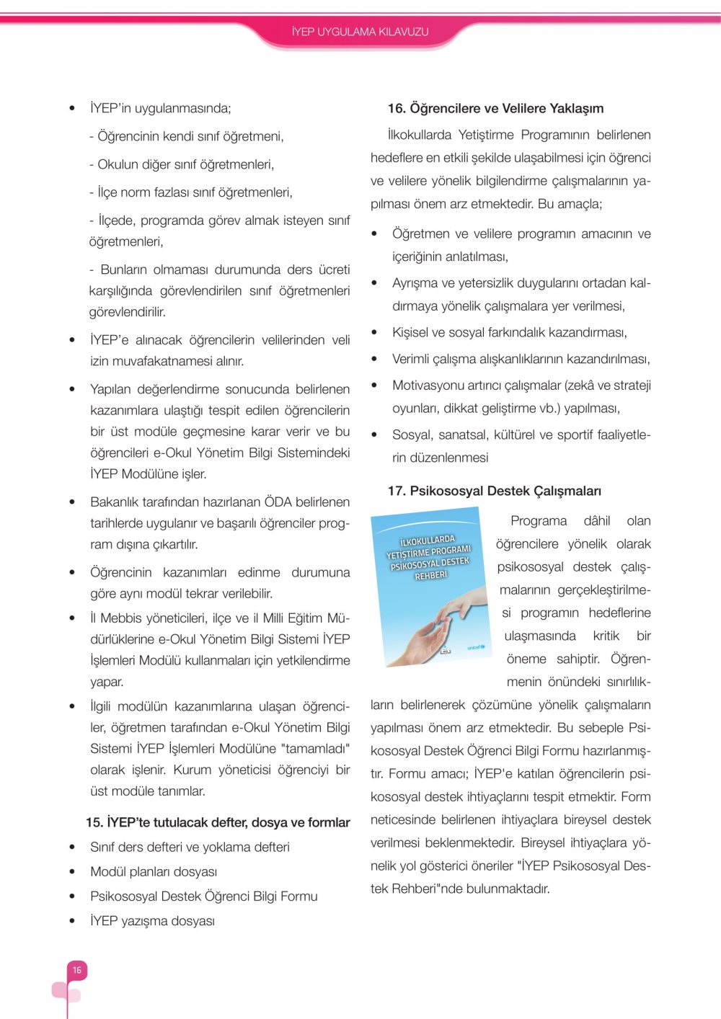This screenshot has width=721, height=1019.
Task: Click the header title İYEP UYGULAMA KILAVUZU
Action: (x=360, y=32)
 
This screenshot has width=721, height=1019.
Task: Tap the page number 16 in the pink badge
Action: (x=76, y=970)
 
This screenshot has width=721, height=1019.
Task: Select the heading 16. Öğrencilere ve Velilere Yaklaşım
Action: (x=495, y=108)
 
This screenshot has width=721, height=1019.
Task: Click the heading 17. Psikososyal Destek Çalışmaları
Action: (x=494, y=491)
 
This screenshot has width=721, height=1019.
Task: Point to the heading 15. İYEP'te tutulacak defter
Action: (x=218, y=822)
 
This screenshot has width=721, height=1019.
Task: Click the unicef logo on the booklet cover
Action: (x=476, y=647)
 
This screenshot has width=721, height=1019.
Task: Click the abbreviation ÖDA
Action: (x=278, y=502)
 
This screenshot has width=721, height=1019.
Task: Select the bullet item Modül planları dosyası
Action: (x=154, y=872)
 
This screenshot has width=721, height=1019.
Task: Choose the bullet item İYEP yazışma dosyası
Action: (x=152, y=921)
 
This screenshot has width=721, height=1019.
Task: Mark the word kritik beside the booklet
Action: (x=606, y=636)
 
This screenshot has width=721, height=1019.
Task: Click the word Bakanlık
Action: (x=118, y=502)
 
